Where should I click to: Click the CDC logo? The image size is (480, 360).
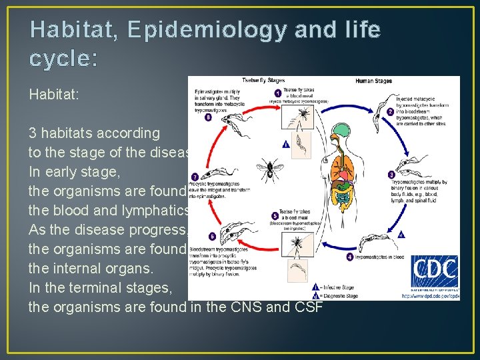tap(434, 271)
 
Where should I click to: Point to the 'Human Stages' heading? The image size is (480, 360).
tap(373, 81)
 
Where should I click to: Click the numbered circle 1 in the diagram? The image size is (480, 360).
tap(277, 93)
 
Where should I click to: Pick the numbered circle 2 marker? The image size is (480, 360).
tap(390, 111)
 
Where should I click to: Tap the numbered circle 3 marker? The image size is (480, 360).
tap(391, 175)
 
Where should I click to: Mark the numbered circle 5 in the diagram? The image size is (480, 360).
tap(275, 216)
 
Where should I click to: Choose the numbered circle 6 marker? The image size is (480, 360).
tap(212, 236)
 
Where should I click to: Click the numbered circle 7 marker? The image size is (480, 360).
tap(195, 176)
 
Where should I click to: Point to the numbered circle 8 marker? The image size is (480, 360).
tap(208, 117)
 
